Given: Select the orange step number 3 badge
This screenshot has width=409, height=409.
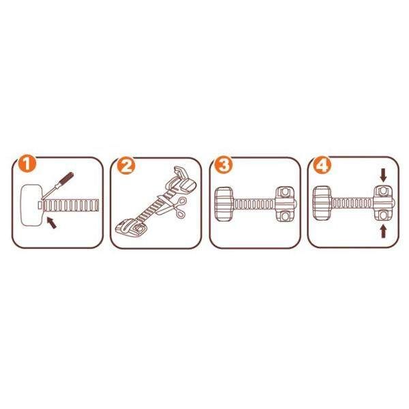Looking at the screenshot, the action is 223,166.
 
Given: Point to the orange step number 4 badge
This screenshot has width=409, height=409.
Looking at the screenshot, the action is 322,165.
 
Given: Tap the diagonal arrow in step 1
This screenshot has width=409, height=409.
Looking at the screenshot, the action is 51,223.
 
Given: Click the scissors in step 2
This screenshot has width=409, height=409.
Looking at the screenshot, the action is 174,207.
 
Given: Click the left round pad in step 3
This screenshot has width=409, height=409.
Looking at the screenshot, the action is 224,204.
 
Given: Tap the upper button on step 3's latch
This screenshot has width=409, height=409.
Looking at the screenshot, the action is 285,192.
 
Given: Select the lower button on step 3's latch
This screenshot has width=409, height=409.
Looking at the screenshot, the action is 285,215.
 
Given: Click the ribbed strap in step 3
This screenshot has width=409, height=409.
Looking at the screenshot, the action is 254,204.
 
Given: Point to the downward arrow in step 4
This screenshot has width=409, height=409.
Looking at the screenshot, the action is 383,175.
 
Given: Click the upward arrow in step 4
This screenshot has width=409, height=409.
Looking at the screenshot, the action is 383,231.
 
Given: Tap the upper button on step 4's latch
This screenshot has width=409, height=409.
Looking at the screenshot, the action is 383,191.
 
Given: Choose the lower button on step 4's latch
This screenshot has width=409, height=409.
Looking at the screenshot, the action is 383,215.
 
